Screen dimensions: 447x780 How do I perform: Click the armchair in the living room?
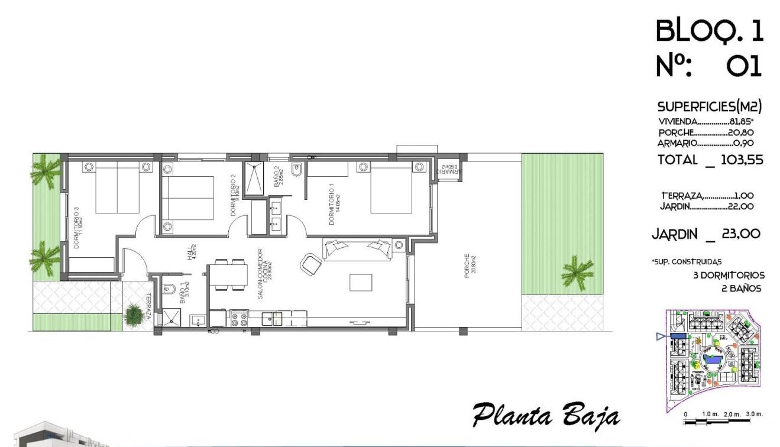click(x=311, y=263)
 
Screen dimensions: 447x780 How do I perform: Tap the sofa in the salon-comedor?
click(x=357, y=248)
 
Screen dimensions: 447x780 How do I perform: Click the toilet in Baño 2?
click(x=297, y=170)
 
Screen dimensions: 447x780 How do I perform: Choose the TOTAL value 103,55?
click(x=742, y=160)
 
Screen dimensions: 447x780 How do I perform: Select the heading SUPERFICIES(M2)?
click(x=709, y=107)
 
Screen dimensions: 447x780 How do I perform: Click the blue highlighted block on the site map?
click(x=678, y=336)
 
